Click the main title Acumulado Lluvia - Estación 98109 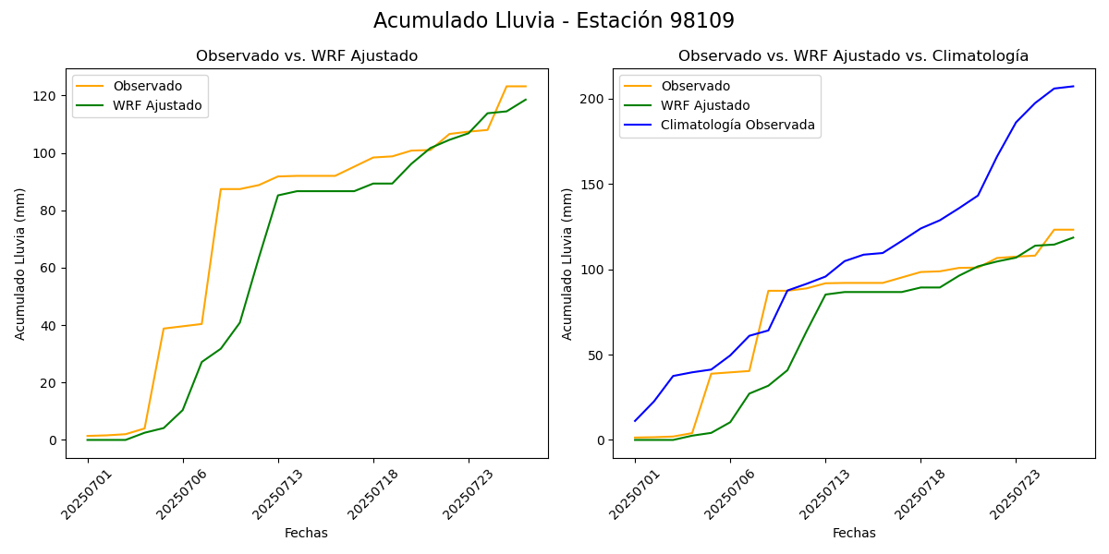(x=554, y=21)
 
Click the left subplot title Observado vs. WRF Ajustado (x=307, y=56)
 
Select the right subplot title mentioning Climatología (x=853, y=56)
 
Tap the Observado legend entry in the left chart (x=147, y=86)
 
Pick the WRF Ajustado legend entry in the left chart (x=157, y=105)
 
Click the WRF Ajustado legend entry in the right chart (x=704, y=105)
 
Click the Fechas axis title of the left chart (x=306, y=533)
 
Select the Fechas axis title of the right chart (x=854, y=533)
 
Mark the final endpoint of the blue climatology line (x=1073, y=86)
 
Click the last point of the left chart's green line (x=526, y=100)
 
